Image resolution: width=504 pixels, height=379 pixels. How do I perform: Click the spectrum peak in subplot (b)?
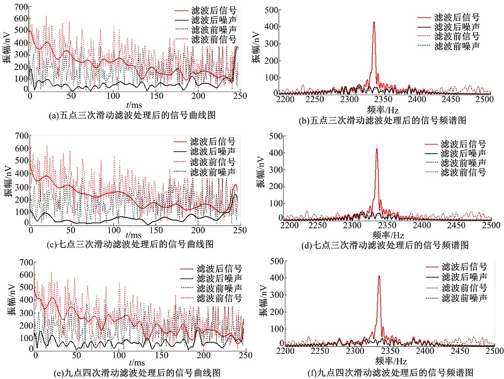[x=374, y=23]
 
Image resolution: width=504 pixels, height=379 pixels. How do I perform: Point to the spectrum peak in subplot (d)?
[x=376, y=149]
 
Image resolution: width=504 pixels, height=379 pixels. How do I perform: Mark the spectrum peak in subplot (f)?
[x=379, y=276]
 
